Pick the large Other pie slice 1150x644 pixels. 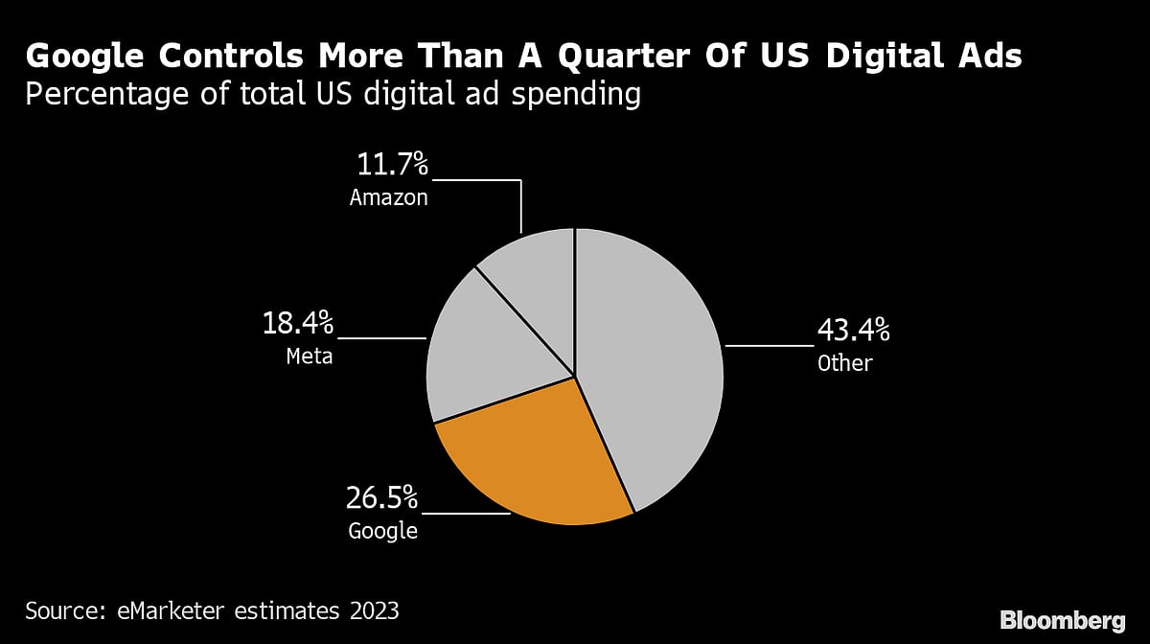point(652,364)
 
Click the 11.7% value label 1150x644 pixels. point(393,165)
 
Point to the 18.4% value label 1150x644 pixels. point(298,323)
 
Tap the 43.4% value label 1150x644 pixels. point(853,331)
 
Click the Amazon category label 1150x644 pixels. point(388,198)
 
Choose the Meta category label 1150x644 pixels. point(310,356)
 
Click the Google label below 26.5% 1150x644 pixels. point(382,530)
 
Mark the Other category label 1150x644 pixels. point(844,363)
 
